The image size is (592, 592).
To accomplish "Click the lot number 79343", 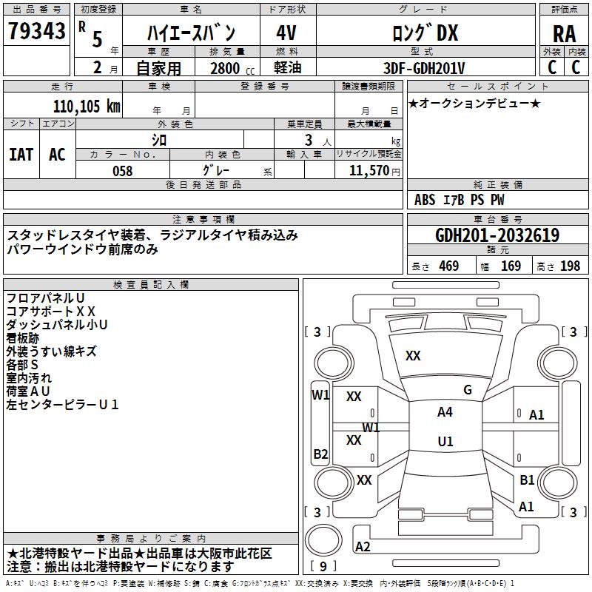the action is point(36,31).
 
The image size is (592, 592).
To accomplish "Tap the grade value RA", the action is point(564,34).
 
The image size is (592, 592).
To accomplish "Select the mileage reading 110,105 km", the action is point(87,107).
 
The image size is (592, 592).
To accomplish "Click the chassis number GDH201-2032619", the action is point(497,235).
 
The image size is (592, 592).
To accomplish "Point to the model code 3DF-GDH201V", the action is point(424,68).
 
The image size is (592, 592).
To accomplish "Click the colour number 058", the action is point(123,171).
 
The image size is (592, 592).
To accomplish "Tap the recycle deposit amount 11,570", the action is point(369,170).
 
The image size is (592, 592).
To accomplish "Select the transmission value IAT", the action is point(21,155).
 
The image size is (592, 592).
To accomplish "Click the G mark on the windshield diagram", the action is point(468,390).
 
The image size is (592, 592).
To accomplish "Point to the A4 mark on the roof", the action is point(445,412).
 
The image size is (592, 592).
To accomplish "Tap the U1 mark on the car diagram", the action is point(445,441).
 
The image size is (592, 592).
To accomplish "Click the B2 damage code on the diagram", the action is point(320,454).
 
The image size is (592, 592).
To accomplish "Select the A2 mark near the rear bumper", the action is point(363,546).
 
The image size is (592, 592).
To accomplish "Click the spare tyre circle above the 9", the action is point(323,540).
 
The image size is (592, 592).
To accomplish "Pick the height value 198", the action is point(570,266).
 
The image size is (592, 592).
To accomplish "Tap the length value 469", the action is point(449,266).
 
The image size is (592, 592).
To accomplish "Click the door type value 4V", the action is point(286,33).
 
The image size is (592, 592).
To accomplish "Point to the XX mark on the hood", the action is point(413,356).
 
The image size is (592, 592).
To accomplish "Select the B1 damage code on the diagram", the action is point(527,480).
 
